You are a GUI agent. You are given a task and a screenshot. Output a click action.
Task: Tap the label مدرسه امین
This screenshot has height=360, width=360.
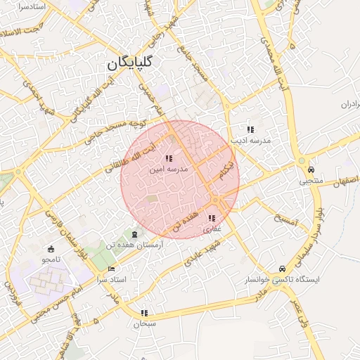tap(168, 170)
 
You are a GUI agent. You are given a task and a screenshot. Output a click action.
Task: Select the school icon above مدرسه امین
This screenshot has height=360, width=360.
tap(168, 160)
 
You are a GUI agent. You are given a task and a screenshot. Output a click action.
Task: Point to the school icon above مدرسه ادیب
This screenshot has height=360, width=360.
tap(250, 129)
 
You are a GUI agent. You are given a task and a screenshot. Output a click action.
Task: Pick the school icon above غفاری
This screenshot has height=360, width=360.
tap(212, 219)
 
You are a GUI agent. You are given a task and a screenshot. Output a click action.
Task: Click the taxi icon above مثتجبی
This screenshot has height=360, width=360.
tap(310, 170)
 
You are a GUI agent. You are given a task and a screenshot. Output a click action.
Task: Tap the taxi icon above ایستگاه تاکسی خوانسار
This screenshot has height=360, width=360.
tap(282, 269)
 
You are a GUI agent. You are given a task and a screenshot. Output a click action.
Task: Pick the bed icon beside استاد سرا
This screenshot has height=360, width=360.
tap(111, 269)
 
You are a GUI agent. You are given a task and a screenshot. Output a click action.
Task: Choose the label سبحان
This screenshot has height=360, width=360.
tap(143, 324)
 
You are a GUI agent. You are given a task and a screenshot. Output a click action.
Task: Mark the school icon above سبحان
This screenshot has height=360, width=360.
tap(144, 313)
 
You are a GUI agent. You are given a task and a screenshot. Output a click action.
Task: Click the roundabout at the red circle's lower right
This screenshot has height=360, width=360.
tap(216, 202)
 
